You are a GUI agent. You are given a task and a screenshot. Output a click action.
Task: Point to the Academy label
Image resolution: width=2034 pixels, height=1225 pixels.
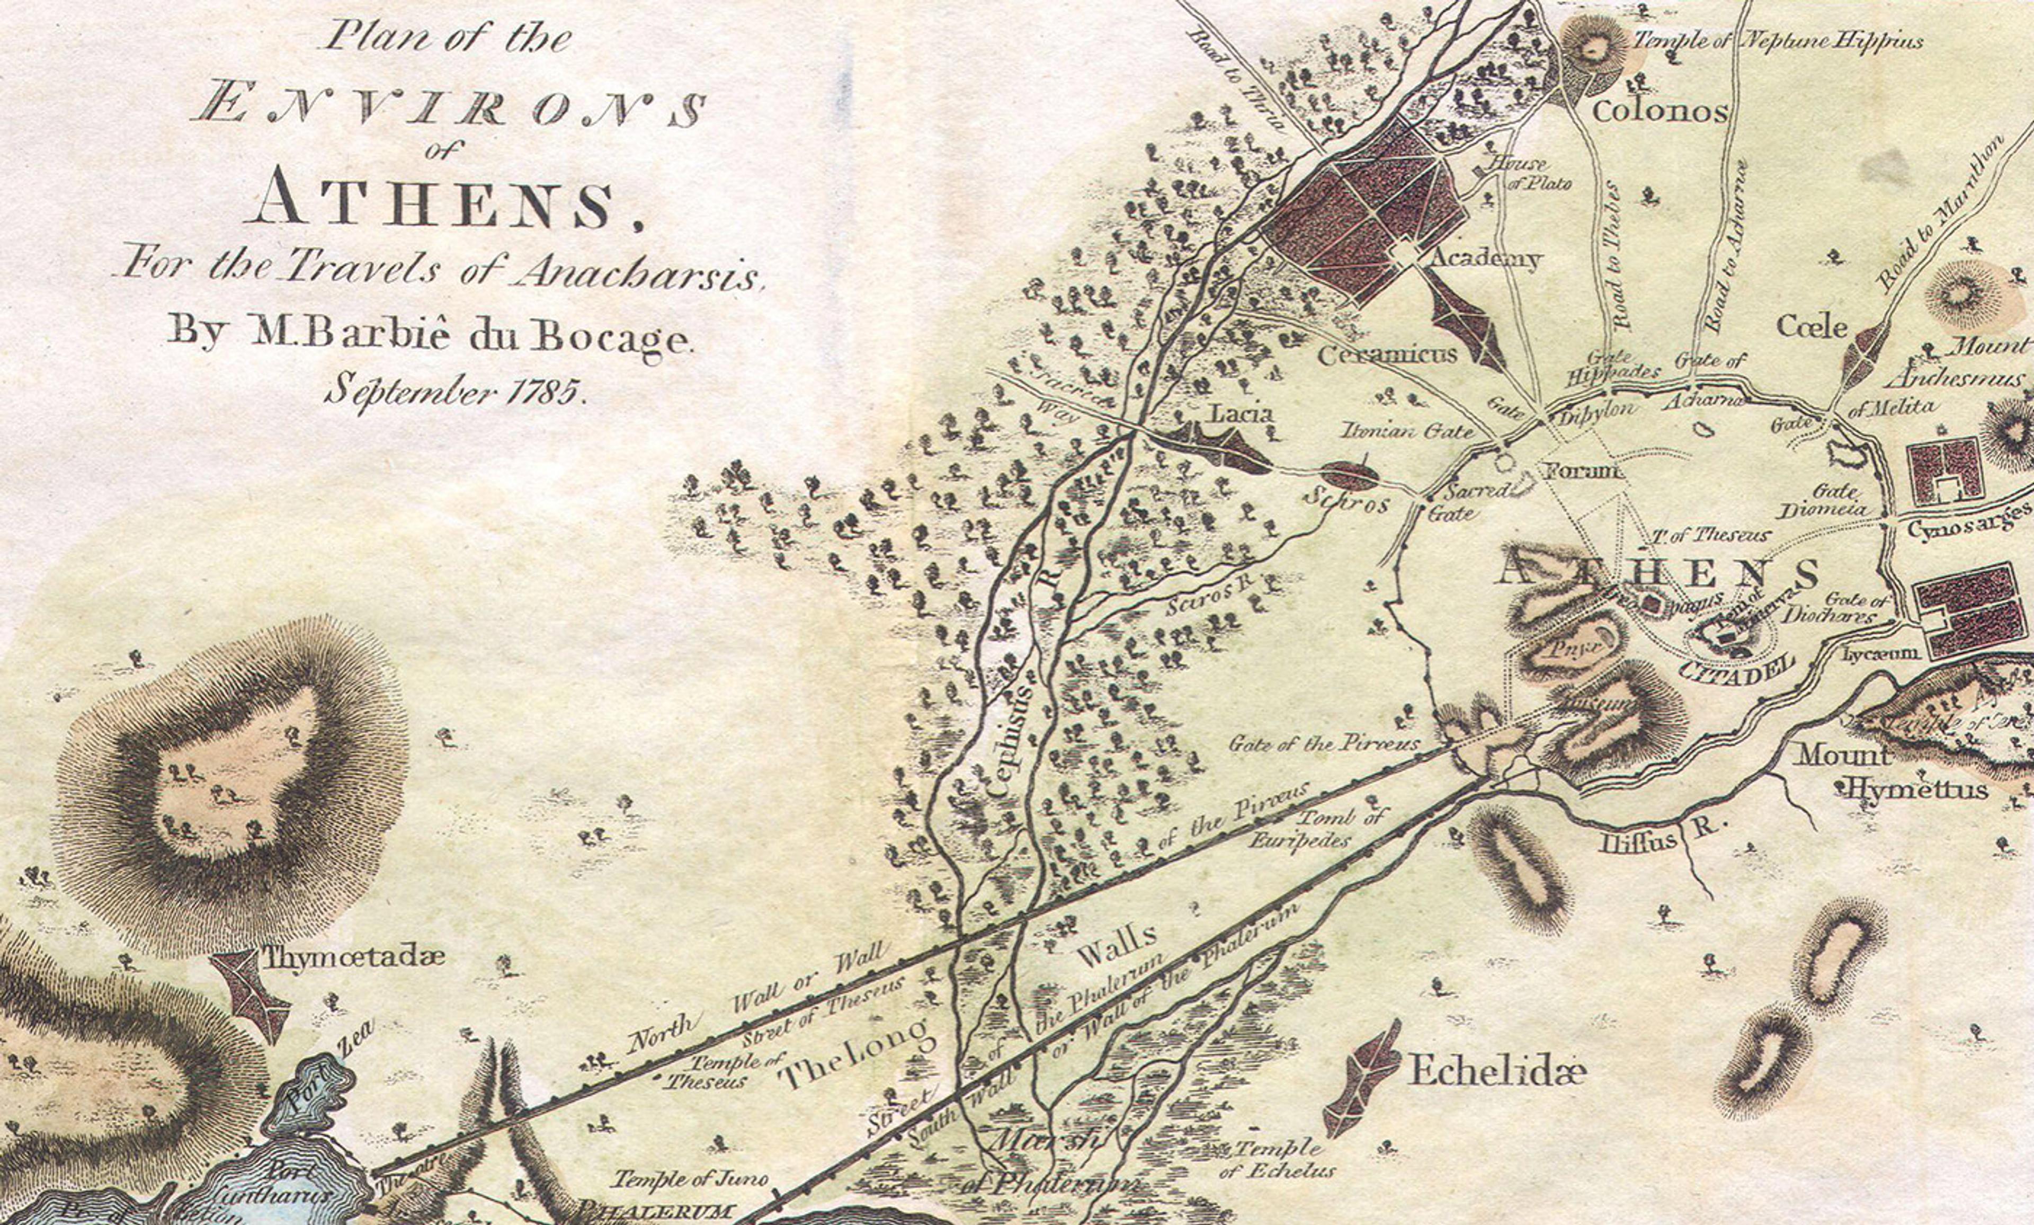point(1485,259)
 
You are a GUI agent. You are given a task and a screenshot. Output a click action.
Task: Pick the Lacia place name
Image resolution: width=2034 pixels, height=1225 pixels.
point(1241,414)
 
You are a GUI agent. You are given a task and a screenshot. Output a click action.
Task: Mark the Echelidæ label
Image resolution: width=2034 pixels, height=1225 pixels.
point(1497,1071)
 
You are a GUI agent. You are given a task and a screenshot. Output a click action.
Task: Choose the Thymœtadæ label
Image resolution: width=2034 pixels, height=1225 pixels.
point(354,957)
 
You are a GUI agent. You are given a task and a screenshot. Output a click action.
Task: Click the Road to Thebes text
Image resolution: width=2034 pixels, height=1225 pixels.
point(1615,256)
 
